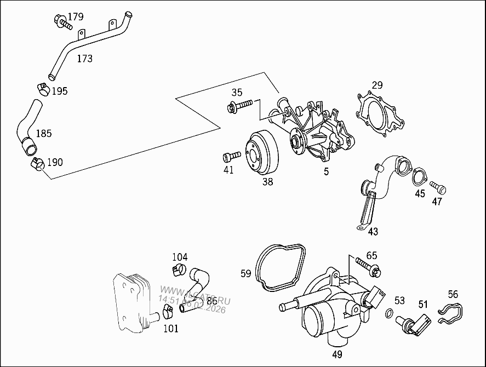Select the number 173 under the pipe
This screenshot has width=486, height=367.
click(84, 58)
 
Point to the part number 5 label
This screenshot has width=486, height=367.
click(326, 171)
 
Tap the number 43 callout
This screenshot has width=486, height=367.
click(373, 231)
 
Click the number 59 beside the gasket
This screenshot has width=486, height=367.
click(246, 272)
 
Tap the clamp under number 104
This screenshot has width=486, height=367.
click(177, 269)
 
